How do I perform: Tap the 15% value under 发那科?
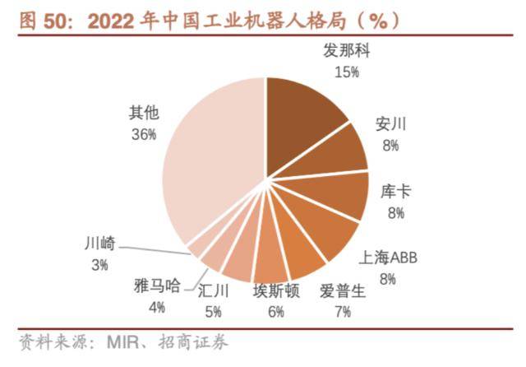[x=347, y=72]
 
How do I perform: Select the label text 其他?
[x=142, y=114]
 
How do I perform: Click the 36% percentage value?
[x=142, y=133]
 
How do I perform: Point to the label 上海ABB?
[x=388, y=258]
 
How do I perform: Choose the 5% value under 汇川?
[x=213, y=310]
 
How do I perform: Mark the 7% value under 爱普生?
[x=342, y=310]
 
